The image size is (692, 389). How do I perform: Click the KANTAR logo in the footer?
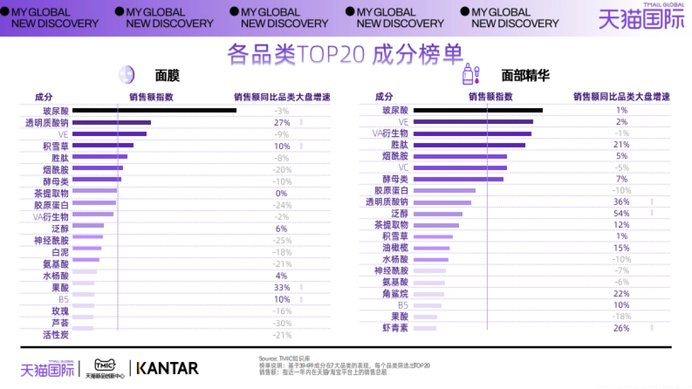coord(167,368)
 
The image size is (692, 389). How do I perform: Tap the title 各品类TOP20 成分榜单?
coord(345,54)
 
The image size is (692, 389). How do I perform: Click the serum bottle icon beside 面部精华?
coord(471,74)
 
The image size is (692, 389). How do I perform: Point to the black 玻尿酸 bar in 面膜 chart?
coord(154,110)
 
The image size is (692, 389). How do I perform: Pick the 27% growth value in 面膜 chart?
coord(281,123)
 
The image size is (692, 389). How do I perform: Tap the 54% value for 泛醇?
coord(621,213)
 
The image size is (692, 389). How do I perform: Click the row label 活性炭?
coord(55,334)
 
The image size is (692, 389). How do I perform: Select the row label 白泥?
coord(60,252)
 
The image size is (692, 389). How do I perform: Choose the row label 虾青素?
coord(395,328)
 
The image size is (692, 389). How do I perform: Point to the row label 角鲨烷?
coord(395,293)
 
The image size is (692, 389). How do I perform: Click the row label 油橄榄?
coord(395,248)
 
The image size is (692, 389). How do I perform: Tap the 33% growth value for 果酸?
coord(281,287)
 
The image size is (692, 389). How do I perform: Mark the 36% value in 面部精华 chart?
coord(621,202)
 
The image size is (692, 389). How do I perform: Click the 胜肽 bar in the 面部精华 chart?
coord(469,145)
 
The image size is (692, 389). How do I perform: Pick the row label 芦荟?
coord(60,323)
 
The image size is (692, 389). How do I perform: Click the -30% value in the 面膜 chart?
coord(281,323)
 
